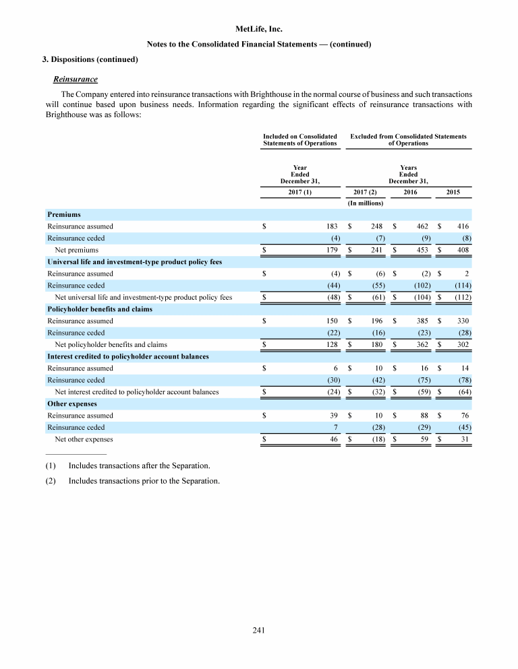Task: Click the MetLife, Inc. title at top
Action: (x=259, y=29)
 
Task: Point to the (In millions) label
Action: (x=365, y=203)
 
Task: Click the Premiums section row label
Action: (x=64, y=214)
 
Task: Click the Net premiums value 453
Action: (x=415, y=250)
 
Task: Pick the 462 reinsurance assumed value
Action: (x=415, y=226)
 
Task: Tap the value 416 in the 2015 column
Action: (x=462, y=226)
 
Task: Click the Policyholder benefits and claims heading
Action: (x=99, y=309)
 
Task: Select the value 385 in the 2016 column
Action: (x=415, y=321)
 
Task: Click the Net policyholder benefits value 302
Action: (x=462, y=344)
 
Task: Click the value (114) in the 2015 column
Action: (x=461, y=285)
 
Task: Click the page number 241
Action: (x=259, y=630)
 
